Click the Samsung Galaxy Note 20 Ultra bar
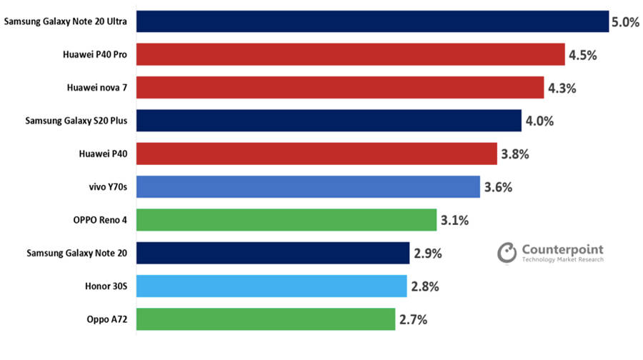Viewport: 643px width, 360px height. click(372, 21)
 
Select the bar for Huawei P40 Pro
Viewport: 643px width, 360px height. click(350, 55)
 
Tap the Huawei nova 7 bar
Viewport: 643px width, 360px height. click(339, 88)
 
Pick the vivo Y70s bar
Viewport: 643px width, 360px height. click(307, 187)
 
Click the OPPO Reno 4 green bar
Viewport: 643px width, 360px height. click(286, 220)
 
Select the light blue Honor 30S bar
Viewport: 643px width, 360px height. click(271, 286)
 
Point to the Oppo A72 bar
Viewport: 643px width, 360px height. click(265, 319)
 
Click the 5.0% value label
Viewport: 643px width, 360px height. click(624, 22)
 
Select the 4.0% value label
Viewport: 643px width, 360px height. click(539, 121)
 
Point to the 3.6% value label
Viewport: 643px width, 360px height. click(498, 187)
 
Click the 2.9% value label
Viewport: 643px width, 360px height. click(427, 254)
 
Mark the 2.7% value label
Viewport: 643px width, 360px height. click(413, 319)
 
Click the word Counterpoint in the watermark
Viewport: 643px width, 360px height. click(563, 249)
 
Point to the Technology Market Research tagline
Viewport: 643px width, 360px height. click(563, 260)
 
